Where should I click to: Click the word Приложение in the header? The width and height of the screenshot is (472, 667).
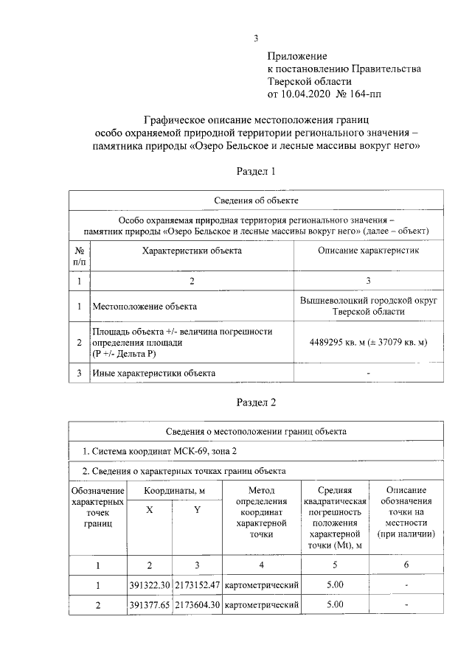[x=297, y=56]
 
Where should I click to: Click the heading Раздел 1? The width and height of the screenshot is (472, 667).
[x=255, y=171]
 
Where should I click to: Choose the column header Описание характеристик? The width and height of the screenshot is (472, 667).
[x=368, y=251]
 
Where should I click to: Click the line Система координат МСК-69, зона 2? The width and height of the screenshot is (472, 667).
[x=171, y=451]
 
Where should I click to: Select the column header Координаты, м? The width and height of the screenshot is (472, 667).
[x=174, y=491]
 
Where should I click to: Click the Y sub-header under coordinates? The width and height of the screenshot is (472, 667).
[x=198, y=511]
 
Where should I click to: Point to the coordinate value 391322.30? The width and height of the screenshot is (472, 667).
[x=150, y=585]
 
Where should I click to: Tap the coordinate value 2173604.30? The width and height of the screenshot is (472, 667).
[x=198, y=606]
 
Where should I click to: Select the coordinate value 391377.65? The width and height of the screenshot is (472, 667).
[x=150, y=606]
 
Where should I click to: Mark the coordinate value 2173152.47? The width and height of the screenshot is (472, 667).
[x=198, y=585]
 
